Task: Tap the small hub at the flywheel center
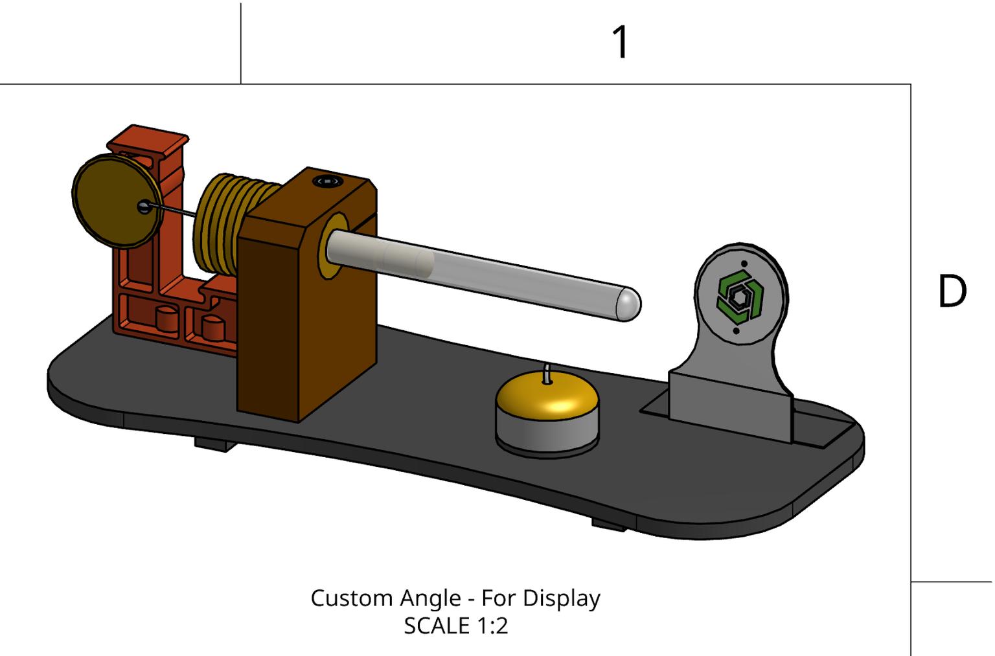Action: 143,207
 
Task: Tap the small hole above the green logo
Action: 744,264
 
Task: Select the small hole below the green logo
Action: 737,331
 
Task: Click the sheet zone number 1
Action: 621,43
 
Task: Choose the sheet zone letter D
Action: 951,292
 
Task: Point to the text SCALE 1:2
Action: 455,626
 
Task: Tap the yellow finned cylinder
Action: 223,223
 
